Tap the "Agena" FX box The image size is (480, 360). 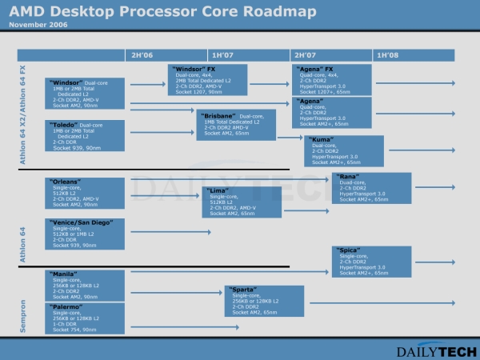[332, 80]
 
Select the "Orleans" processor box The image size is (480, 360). [85, 192]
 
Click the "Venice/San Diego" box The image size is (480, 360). [85, 232]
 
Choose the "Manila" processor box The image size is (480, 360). [85, 285]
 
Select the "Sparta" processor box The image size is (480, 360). [265, 301]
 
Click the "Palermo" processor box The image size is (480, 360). [85, 318]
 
